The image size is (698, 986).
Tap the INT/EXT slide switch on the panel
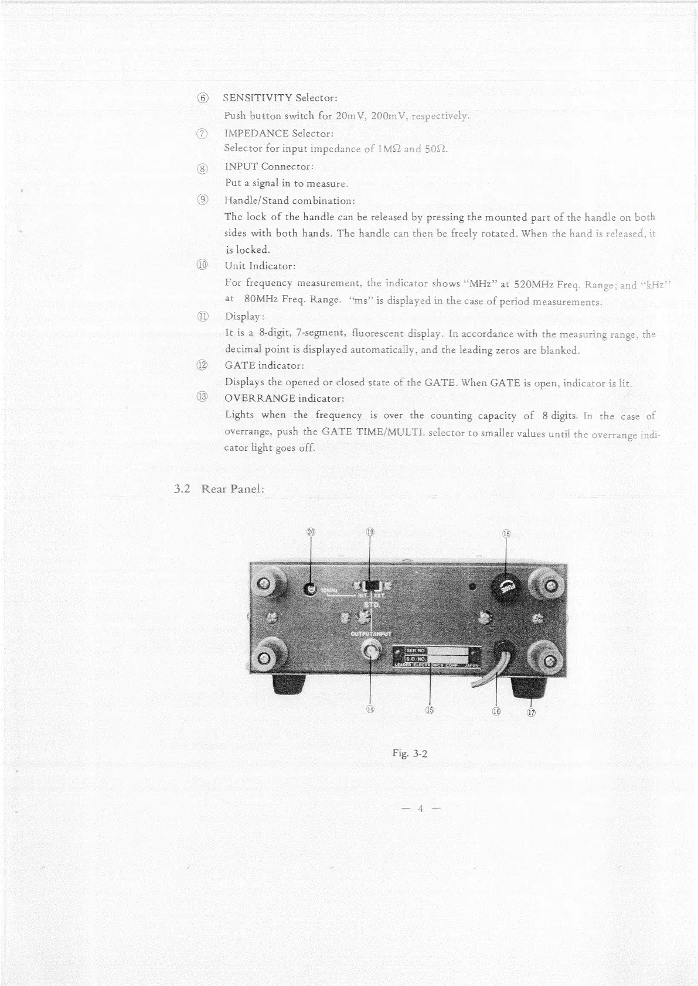(370, 586)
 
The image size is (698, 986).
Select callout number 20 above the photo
(311, 532)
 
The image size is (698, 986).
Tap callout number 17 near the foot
(532, 713)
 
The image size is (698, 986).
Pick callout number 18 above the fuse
(506, 533)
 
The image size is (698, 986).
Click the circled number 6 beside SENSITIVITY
(203, 98)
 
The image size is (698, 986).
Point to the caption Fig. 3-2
(410, 754)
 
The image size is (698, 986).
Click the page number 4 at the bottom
(420, 809)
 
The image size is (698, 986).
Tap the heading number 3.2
(183, 489)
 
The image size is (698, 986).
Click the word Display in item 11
(243, 317)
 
